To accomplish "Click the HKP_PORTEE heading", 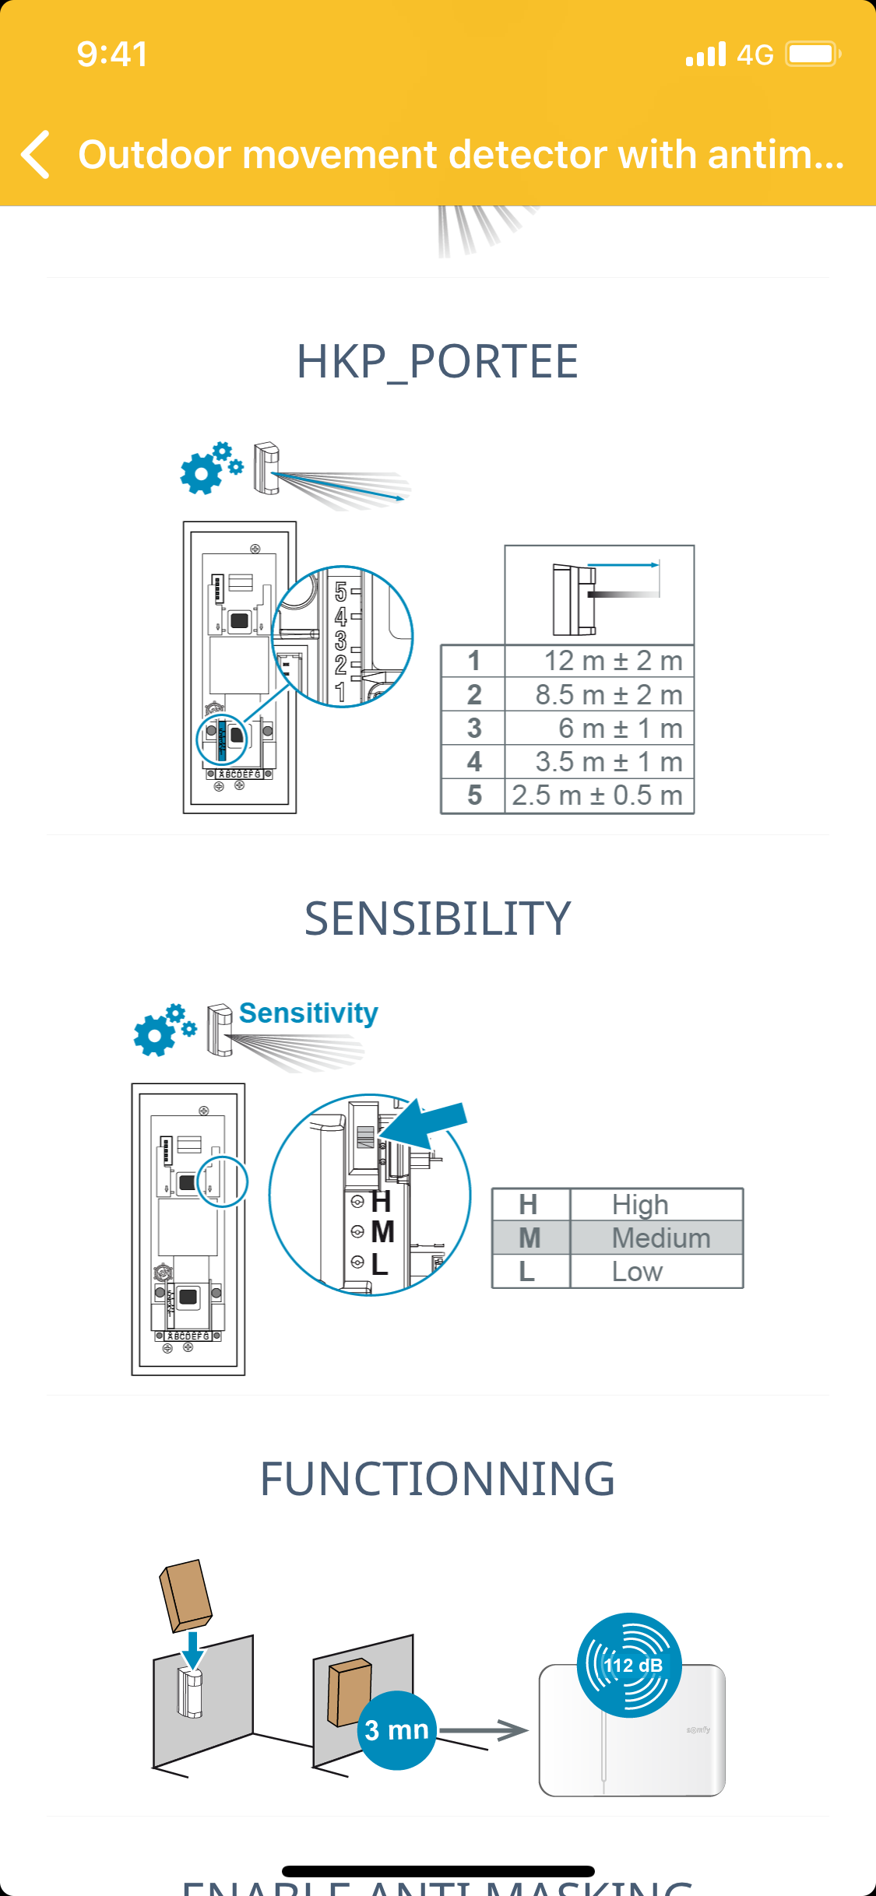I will [438, 362].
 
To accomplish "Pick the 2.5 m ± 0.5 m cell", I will [598, 795].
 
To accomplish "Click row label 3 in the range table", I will [474, 729].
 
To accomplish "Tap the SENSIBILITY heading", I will [438, 918].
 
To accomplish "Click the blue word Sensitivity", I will [308, 1013].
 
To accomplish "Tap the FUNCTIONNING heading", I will [438, 1479].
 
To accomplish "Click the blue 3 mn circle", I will [396, 1730].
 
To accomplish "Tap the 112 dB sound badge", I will [630, 1665].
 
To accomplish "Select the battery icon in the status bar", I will [812, 54].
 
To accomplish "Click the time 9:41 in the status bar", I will [112, 54].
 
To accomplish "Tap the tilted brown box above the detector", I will [186, 1594].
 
